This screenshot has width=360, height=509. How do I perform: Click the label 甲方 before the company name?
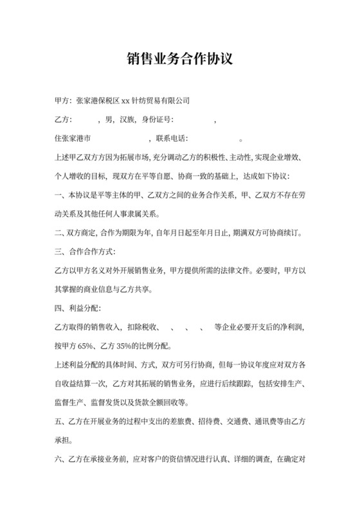point(63,101)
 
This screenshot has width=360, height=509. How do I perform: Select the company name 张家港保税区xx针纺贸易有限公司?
point(133,101)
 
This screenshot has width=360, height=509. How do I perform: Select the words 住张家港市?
point(73,138)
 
